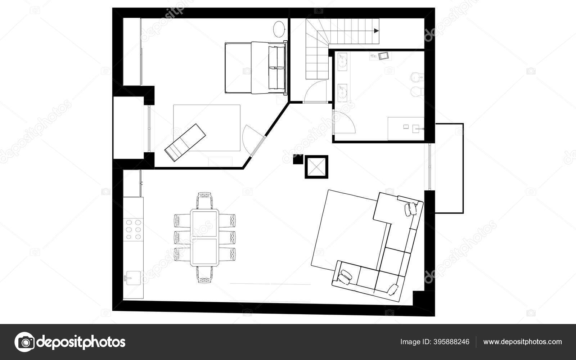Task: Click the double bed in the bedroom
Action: tap(255, 68)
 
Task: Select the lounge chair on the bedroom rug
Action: tap(185, 143)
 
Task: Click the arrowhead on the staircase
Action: tap(376, 31)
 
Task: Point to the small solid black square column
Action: tap(298, 159)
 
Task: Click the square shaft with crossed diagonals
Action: tap(316, 167)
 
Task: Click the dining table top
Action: tap(204, 238)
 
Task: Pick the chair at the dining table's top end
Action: tap(204, 200)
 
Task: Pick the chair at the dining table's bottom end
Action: tap(204, 275)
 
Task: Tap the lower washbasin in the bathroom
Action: tap(342, 91)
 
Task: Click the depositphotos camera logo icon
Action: tap(24, 342)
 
